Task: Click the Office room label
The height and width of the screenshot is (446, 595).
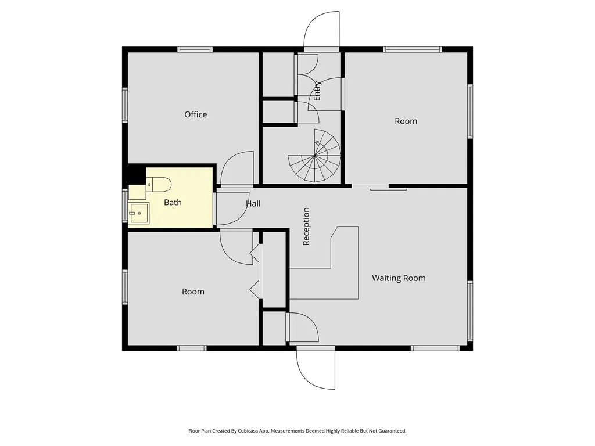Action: coord(195,114)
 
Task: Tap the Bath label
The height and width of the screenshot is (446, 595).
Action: coord(173,203)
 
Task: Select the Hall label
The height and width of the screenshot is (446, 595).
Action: coord(253,204)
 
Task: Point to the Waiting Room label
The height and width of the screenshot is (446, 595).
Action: coord(399,278)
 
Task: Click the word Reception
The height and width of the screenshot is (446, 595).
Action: coord(306,226)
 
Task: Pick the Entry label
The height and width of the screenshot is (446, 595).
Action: coord(317,91)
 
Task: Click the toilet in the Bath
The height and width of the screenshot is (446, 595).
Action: coord(159,185)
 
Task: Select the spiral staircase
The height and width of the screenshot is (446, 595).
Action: coord(314,156)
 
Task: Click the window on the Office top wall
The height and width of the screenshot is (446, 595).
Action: coord(195,50)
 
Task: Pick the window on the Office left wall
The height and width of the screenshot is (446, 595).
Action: coord(125,105)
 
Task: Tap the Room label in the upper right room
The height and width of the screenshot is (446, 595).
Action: coord(406,121)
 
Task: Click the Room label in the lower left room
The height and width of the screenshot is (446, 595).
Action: coord(193,292)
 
